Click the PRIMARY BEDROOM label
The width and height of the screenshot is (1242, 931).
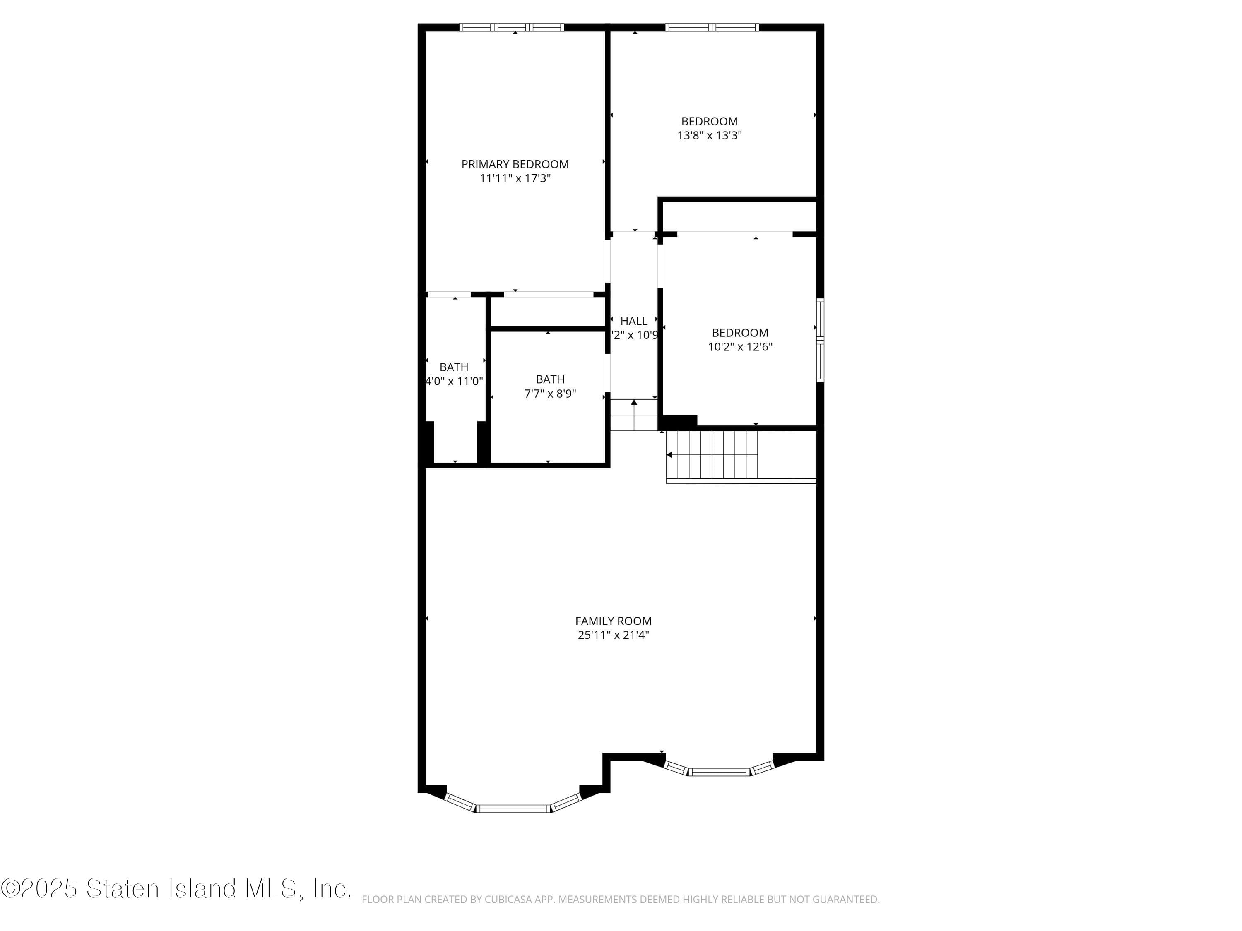(x=515, y=164)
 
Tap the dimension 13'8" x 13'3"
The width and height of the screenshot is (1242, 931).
(x=709, y=136)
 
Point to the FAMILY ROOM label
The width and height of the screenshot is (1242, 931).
(x=613, y=621)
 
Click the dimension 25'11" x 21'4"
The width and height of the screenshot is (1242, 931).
(x=613, y=635)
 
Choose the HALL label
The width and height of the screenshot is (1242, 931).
(x=633, y=321)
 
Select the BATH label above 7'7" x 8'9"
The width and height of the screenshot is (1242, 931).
(x=550, y=379)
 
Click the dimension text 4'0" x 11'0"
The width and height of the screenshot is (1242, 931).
(x=454, y=382)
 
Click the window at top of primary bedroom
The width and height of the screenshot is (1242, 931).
(x=512, y=27)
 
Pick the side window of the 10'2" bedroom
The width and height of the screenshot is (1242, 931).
(x=820, y=341)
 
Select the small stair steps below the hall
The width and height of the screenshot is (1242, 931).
(x=633, y=415)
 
